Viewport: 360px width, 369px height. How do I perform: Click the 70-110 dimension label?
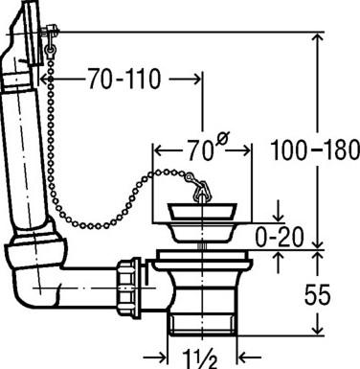[x=124, y=79]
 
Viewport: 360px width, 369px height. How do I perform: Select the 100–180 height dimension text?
[x=315, y=150]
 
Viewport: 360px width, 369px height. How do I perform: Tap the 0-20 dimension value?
[x=280, y=237]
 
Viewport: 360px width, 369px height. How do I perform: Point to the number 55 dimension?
[x=317, y=294]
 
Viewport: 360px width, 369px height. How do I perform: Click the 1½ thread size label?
[x=200, y=359]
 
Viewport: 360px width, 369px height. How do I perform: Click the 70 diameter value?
[x=200, y=150]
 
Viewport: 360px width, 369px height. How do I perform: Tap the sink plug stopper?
[x=202, y=211]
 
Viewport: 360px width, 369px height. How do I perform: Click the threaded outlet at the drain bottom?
[x=202, y=324]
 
